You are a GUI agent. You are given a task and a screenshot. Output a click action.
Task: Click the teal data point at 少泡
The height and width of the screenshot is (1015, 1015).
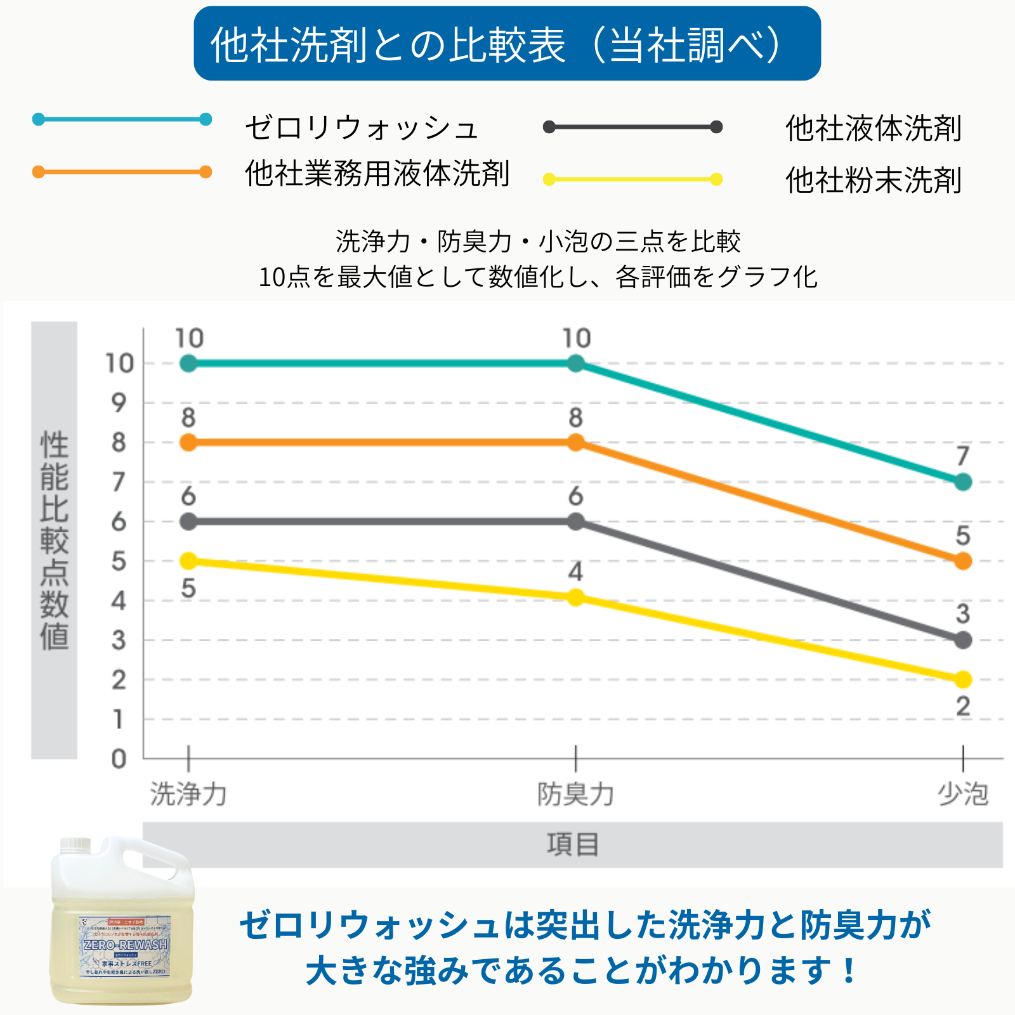(962, 482)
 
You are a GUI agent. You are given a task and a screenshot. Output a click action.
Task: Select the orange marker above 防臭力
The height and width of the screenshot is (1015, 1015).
(575, 442)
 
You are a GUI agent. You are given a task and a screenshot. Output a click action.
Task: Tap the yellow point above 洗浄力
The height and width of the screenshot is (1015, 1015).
(188, 561)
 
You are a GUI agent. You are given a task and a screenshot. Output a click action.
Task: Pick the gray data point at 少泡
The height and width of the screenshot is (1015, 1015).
(962, 640)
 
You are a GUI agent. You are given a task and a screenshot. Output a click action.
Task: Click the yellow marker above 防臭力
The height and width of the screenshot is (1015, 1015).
(575, 598)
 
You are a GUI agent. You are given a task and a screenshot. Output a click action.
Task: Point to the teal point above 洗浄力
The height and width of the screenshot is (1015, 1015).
(188, 363)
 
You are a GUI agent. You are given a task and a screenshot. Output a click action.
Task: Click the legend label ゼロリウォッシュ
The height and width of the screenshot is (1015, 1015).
(362, 128)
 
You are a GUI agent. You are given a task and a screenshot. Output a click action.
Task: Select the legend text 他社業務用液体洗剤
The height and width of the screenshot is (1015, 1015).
(377, 173)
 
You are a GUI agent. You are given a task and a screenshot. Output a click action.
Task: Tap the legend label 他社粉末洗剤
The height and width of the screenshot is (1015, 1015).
(874, 180)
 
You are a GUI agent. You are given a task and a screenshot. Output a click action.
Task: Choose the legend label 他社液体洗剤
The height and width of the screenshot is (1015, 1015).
(874, 128)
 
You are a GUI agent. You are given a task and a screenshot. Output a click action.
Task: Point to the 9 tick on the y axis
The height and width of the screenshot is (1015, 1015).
(119, 403)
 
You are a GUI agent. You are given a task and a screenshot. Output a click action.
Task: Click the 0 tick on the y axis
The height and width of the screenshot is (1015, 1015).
(119, 759)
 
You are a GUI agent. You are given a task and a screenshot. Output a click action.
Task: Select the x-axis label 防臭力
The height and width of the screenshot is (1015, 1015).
(575, 794)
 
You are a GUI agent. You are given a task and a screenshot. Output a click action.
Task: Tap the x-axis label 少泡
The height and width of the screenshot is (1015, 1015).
(962, 794)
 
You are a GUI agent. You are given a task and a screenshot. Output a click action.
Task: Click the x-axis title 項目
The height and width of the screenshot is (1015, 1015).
(573, 845)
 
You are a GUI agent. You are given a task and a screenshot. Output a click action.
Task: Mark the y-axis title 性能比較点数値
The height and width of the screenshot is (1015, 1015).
(55, 540)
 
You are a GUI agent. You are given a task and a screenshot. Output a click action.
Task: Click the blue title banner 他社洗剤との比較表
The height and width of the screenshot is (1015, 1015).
(507, 44)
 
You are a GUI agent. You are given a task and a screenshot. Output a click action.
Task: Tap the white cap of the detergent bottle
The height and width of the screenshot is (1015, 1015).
(75, 845)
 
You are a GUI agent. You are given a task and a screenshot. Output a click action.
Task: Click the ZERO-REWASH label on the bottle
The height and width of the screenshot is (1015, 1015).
(126, 945)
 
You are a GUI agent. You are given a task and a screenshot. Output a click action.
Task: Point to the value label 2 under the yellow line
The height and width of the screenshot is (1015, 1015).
(963, 706)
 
